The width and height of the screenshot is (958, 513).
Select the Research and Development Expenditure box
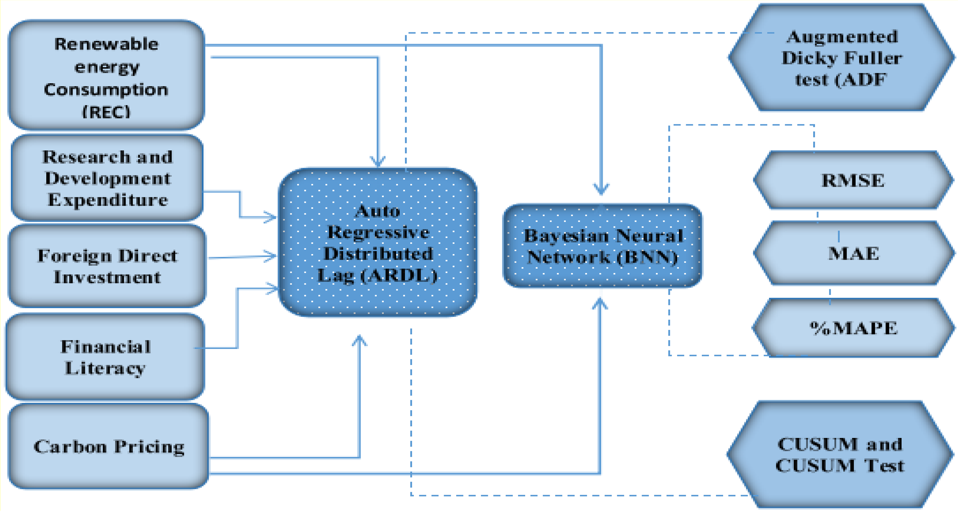pyautogui.click(x=107, y=178)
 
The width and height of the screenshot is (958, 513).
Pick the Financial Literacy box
pyautogui.click(x=105, y=357)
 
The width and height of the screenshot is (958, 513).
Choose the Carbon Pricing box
pyautogui.click(x=108, y=446)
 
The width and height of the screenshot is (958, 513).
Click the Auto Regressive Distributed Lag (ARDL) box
pyautogui.click(x=378, y=243)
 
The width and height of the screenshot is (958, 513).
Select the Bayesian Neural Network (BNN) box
pyautogui.click(x=603, y=246)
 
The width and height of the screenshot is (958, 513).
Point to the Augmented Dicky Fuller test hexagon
pyautogui.click(x=841, y=58)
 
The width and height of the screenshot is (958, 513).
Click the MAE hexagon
pyautogui.click(x=853, y=253)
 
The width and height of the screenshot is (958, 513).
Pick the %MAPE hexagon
pyautogui.click(x=853, y=328)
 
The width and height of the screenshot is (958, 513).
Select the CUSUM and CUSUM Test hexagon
pyautogui.click(x=840, y=455)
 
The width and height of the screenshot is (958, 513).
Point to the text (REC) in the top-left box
pyautogui.click(x=106, y=111)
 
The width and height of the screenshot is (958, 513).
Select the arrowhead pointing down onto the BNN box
pyautogui.click(x=601, y=189)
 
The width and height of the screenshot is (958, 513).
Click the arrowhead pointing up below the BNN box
pyautogui.click(x=600, y=304)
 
